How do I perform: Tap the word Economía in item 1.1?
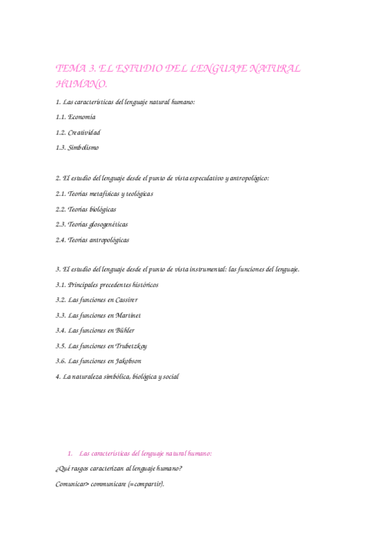pos(81,117)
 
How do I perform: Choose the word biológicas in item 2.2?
pos(100,209)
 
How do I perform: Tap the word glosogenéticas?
pos(106,224)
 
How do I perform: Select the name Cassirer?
pos(127,300)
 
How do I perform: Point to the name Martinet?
pos(128,315)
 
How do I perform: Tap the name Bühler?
pos(125,330)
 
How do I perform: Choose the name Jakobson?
pos(129,361)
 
